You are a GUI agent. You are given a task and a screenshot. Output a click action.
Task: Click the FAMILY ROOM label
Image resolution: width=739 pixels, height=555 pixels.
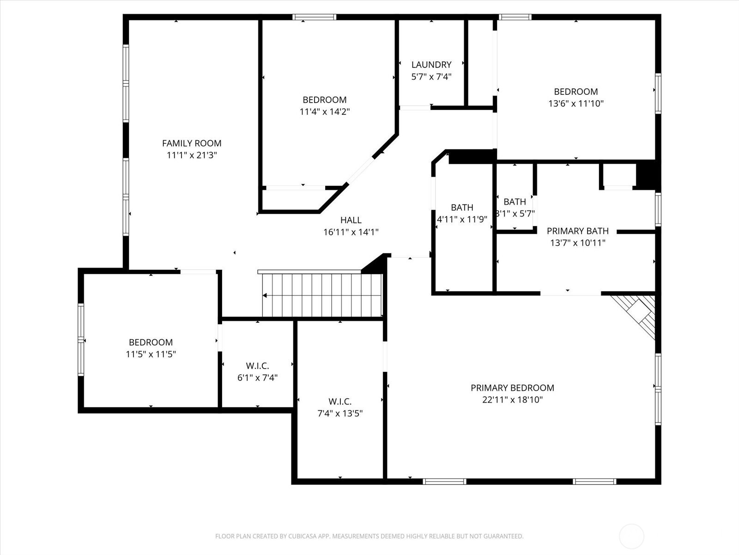(192, 143)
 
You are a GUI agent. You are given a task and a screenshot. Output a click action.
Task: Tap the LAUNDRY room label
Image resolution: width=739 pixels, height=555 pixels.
(431, 65)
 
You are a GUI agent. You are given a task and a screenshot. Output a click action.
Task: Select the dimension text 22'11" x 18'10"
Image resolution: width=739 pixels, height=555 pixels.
(512, 400)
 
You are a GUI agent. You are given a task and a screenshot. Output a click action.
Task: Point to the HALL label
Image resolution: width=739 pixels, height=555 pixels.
(351, 220)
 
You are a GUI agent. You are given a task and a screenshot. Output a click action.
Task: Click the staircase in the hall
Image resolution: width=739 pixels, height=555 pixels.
(322, 295)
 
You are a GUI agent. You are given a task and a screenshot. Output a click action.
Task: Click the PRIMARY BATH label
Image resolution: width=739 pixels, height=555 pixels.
(577, 231)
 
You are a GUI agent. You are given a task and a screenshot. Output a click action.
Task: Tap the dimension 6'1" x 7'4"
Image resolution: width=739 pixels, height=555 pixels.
(257, 378)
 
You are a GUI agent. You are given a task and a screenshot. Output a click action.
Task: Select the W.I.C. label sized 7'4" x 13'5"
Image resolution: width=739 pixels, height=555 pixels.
(340, 401)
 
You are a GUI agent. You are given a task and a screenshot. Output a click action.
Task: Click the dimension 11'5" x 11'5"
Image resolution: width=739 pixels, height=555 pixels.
(151, 354)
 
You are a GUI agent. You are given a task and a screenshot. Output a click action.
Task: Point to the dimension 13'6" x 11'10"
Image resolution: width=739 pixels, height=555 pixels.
(575, 104)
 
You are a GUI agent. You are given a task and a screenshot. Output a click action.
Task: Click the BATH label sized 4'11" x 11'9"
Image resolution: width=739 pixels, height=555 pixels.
(462, 208)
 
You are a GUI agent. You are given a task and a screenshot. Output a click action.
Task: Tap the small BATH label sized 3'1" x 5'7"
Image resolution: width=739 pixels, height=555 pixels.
(515, 202)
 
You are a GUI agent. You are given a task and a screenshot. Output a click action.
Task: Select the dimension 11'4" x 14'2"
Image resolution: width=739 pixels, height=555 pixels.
(324, 111)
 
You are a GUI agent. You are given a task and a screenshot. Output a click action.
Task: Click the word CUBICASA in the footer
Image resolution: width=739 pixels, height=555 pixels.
(302, 536)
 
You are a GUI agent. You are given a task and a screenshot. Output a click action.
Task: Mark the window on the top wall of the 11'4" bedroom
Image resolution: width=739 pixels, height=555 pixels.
(315, 18)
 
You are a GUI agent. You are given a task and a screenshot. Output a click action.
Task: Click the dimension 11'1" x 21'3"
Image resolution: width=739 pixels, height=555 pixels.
(192, 155)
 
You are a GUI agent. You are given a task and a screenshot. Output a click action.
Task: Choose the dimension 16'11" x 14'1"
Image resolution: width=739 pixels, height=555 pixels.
(351, 232)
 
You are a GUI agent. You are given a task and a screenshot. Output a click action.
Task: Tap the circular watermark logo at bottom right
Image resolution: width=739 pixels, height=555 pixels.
(631, 536)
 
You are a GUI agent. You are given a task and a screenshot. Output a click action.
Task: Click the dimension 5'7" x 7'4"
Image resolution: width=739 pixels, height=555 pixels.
(431, 77)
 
